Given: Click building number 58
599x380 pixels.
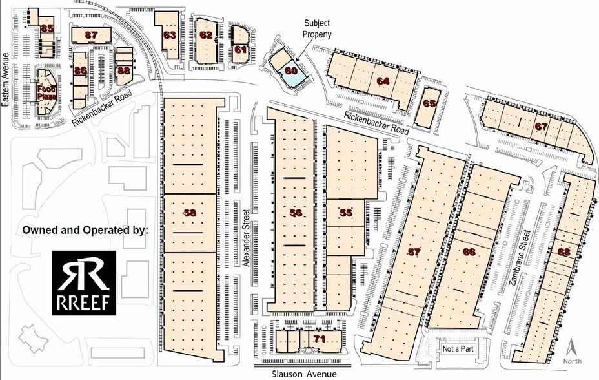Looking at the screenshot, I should click(190, 213).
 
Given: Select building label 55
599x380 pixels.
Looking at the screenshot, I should click(345, 213).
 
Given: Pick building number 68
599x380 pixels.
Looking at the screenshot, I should click(564, 251).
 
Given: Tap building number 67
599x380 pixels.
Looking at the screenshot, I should click(541, 127).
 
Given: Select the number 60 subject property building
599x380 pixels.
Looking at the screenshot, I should click(291, 69).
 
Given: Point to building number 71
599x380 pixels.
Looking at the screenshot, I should click(319, 339).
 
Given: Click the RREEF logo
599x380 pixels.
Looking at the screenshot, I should click(84, 282).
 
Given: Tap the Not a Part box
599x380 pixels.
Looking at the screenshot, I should click(455, 350).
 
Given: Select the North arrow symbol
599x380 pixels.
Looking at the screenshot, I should click(572, 352).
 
